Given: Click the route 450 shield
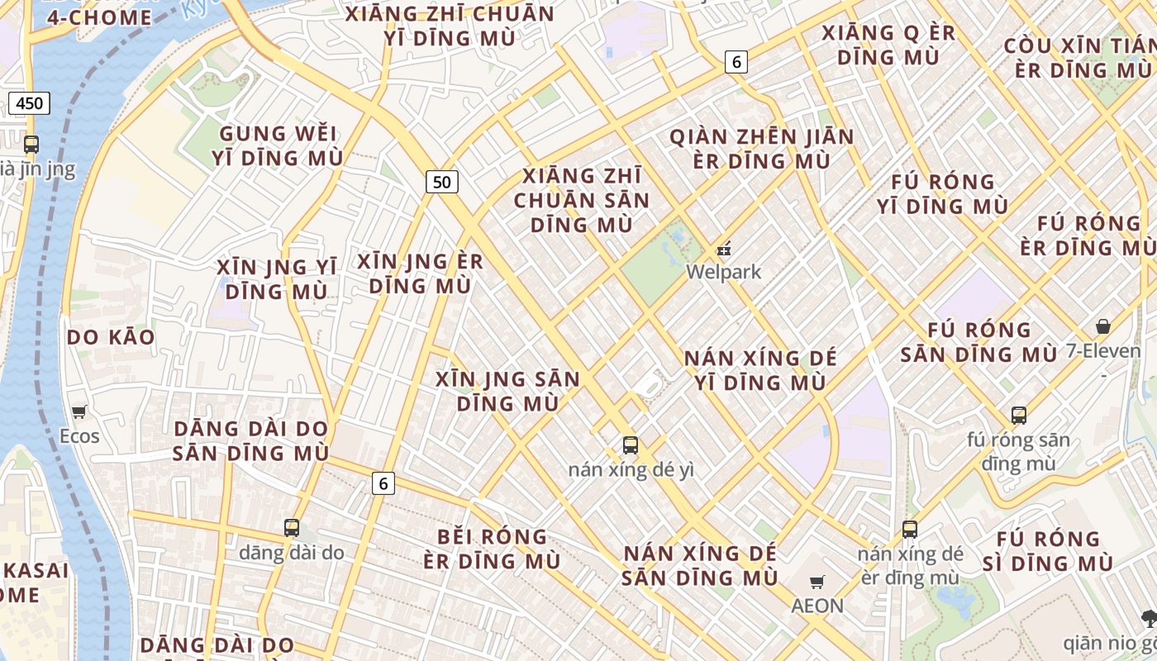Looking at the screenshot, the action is point(30,103).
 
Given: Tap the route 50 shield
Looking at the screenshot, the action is point(442,182).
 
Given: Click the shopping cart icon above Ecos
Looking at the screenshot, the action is point(79,411).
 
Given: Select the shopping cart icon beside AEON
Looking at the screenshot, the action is point(817,582).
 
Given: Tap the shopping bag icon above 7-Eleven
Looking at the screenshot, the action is point(1102,326).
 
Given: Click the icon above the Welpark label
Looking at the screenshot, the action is point(724,248).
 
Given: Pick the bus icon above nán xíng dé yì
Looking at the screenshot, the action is point(631,445).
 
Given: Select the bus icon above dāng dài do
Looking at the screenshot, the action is point(291,527).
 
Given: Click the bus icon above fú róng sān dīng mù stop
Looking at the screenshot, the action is point(1018,415).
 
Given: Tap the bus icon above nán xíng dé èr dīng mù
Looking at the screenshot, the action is point(910,529).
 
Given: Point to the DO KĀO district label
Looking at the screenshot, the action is point(111,337).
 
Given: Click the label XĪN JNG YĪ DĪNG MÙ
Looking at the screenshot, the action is point(277,279).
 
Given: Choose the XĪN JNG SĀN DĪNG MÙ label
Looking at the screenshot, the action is point(508,392).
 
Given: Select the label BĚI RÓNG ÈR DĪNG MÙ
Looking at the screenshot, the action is point(492,549).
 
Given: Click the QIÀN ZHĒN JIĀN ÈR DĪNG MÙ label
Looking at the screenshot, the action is point(762,149).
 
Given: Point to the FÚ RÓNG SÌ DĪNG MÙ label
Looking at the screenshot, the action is point(1049,551).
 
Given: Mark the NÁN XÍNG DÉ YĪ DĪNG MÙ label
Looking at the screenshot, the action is point(760,370).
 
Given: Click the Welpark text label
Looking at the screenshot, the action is point(724,272).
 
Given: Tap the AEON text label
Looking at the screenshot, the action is point(817,606).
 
